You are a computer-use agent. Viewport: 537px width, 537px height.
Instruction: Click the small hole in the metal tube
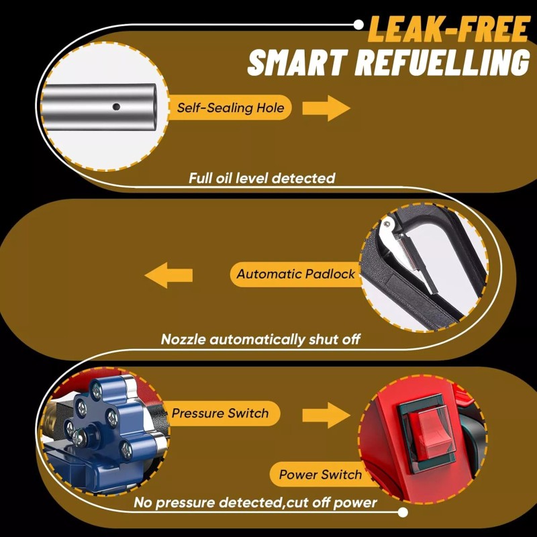coord(116,106)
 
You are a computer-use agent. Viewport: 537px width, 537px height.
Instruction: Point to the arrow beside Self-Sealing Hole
coord(326,108)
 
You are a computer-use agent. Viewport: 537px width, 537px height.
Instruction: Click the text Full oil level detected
coord(261,179)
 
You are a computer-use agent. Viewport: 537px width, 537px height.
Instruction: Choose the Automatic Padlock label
coord(296,274)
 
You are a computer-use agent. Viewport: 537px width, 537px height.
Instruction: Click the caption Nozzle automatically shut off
coord(260,340)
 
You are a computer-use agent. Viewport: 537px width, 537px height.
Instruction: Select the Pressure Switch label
coord(220,413)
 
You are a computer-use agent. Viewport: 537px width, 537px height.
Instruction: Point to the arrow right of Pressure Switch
coord(326,414)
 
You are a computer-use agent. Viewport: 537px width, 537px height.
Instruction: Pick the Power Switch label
coord(320,475)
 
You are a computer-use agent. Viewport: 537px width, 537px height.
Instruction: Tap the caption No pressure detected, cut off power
coord(255,503)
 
